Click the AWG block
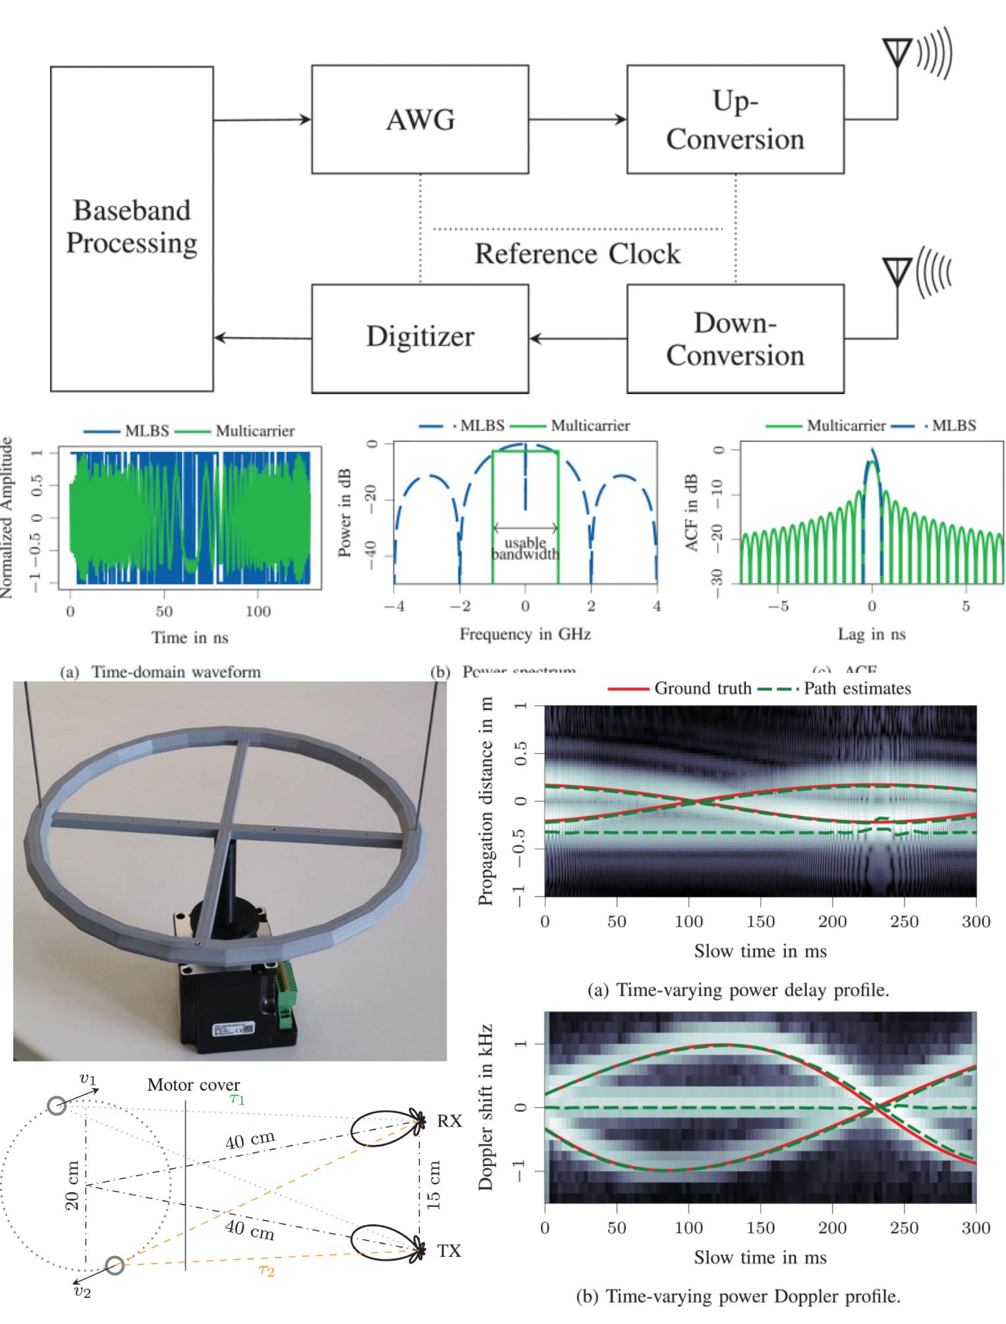[420, 119]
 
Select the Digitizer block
[420, 337]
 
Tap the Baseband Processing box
[132, 227]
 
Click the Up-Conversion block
[735, 119]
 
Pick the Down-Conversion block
[735, 338]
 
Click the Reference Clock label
[577, 254]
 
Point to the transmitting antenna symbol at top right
[897, 53]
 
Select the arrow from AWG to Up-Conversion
[576, 119]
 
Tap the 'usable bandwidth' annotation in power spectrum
[525, 548]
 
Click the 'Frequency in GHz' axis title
[525, 634]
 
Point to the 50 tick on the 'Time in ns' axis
[164, 612]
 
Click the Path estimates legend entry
[835, 689]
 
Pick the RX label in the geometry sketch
[449, 1121]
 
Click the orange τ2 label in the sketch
[266, 1270]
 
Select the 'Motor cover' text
[193, 1085]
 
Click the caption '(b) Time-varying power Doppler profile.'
[738, 1296]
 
